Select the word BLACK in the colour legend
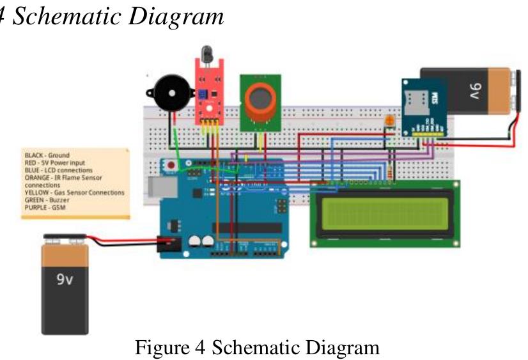[x=34, y=155]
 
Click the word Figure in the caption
[x=154, y=348]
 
